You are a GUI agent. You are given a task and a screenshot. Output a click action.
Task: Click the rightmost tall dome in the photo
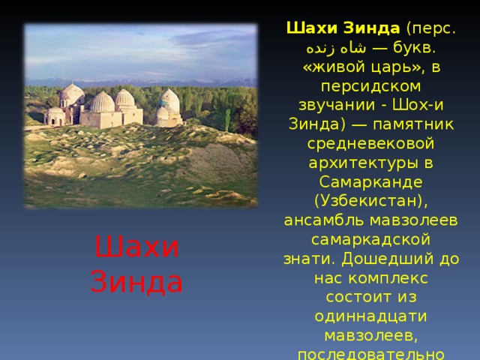(170, 100)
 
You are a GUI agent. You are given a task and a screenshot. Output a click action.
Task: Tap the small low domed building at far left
(55, 116)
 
